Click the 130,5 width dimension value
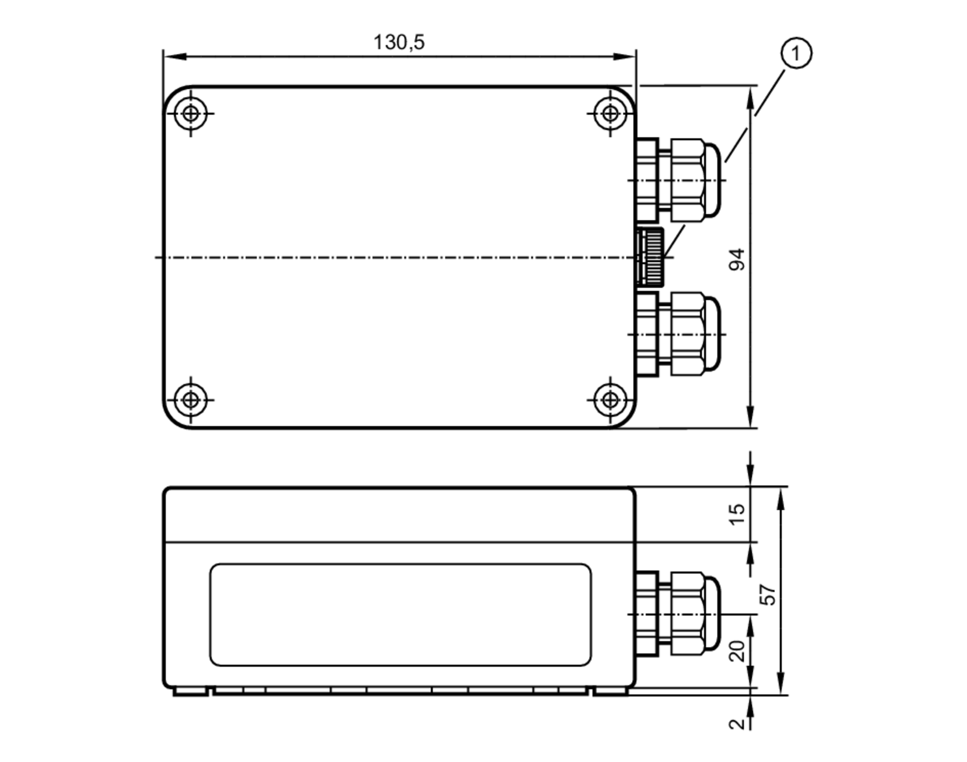point(399,43)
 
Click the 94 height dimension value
point(737,259)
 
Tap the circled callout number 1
point(796,53)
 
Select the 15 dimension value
point(737,515)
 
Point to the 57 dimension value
point(768,595)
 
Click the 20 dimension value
point(737,651)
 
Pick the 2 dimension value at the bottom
point(737,724)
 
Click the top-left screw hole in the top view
point(190,114)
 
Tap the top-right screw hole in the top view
point(610,114)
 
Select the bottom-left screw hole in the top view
point(190,400)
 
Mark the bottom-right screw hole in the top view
point(610,400)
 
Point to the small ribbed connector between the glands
point(650,257)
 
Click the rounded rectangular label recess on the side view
point(400,614)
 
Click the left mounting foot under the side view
point(190,692)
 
